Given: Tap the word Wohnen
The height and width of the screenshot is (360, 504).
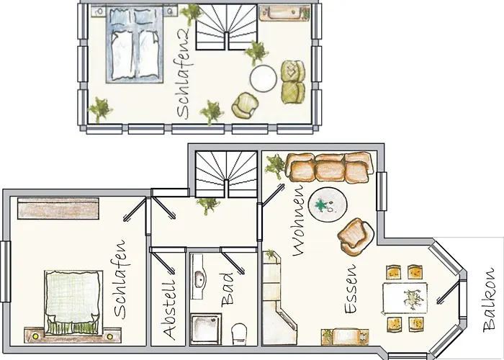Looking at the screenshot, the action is (x=298, y=221).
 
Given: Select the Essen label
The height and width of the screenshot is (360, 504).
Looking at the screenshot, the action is (x=350, y=289).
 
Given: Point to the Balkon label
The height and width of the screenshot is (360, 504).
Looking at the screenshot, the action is (x=489, y=300).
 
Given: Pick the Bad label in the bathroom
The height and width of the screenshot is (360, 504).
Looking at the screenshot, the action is (x=228, y=289).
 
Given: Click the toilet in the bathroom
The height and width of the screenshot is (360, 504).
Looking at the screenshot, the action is (x=239, y=334).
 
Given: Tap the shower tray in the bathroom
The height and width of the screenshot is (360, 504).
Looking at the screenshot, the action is (x=206, y=329).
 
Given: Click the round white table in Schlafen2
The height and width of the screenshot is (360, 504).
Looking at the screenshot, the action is (x=264, y=78).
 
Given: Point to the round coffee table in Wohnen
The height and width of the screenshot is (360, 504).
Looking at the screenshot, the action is (x=328, y=204).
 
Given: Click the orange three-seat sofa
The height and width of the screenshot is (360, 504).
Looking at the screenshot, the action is (x=330, y=168).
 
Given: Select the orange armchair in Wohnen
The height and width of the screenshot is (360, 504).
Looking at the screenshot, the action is (x=356, y=237).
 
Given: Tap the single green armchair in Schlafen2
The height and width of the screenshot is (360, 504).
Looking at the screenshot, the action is (x=245, y=105).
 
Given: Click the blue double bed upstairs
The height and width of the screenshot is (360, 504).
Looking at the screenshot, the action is (x=135, y=45).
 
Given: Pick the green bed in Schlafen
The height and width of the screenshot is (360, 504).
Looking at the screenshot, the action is (x=73, y=302).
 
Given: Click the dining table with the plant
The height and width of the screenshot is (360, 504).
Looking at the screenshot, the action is (x=405, y=298).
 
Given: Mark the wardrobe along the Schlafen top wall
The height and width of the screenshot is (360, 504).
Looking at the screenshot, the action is (x=58, y=209).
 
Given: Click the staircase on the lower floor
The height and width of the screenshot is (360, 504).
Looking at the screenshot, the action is (x=227, y=174).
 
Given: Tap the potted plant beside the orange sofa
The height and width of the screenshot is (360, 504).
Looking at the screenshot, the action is (x=274, y=166).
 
